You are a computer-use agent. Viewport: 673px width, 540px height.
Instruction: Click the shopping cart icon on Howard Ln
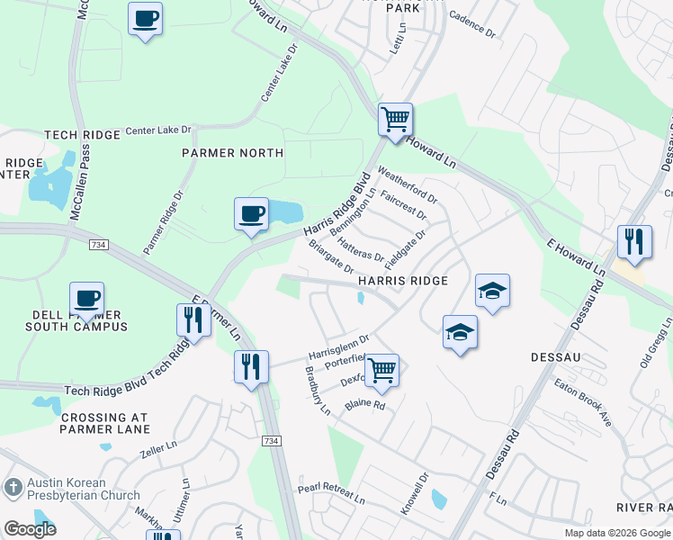click(x=395, y=120)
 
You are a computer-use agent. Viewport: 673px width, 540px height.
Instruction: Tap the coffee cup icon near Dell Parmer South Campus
click(x=86, y=299)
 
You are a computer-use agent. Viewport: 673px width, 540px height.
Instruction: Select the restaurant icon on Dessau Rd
click(x=634, y=242)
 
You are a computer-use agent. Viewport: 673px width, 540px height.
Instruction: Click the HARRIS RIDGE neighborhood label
click(x=403, y=282)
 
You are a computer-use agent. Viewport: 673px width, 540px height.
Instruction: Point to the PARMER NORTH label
click(x=232, y=153)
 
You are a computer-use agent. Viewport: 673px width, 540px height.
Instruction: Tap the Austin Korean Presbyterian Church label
click(x=83, y=489)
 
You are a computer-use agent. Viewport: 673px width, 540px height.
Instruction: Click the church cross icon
click(x=13, y=488)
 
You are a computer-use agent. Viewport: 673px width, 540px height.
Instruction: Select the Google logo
click(x=30, y=529)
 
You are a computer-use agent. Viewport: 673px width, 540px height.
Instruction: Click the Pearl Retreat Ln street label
click(x=331, y=494)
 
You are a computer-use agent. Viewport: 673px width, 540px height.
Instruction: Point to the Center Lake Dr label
click(x=158, y=130)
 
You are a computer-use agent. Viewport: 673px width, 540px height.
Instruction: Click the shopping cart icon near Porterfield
click(x=382, y=369)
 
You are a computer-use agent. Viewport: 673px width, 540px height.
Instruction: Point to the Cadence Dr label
click(x=472, y=22)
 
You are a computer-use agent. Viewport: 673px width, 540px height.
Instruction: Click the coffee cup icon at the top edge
click(x=145, y=18)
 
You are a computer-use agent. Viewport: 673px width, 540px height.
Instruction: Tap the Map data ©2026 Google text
click(x=616, y=533)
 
